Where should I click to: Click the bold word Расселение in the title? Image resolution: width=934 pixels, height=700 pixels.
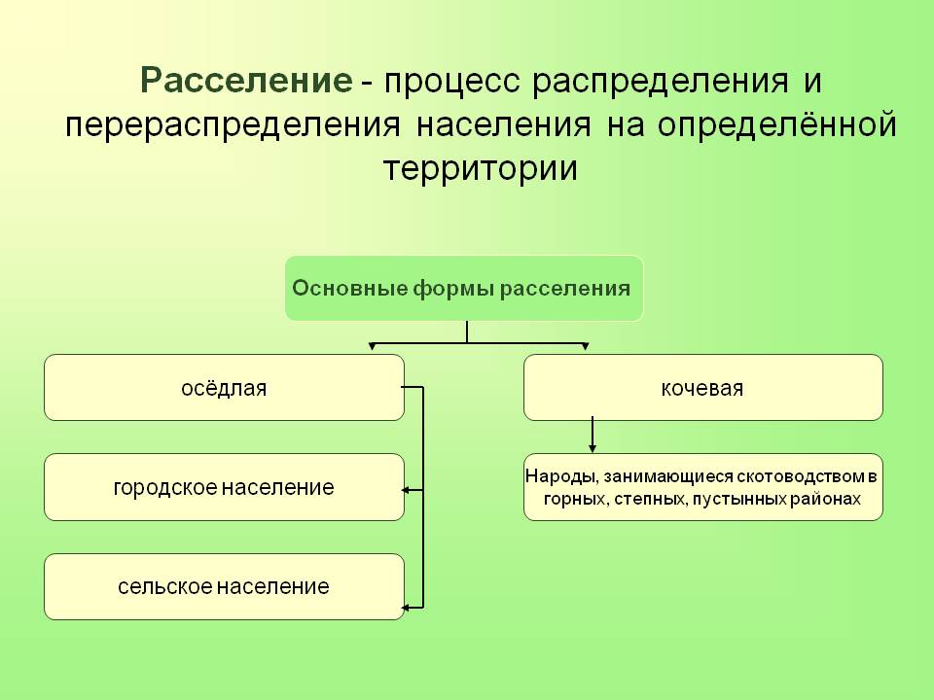point(246,81)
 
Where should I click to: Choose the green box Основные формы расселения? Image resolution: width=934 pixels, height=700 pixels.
point(463,289)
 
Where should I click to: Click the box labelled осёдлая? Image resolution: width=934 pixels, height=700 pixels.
point(224,388)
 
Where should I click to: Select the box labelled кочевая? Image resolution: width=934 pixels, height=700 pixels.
point(702,388)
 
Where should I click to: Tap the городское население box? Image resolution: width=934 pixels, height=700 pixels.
point(224,487)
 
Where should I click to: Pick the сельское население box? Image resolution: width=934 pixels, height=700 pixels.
point(224,586)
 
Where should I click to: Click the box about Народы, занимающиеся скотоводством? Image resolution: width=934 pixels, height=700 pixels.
point(702,487)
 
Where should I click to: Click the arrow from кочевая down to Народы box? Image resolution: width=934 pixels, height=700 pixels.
point(593,436)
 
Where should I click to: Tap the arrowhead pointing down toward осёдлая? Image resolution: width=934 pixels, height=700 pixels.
point(371,347)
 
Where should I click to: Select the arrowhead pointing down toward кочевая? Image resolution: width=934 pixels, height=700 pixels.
point(585,347)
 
